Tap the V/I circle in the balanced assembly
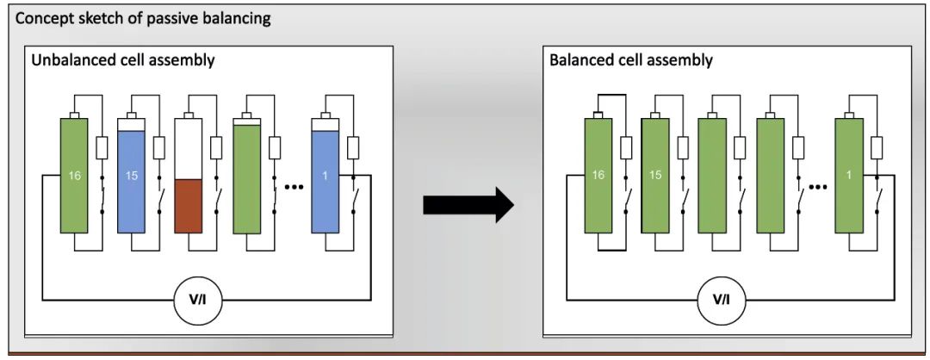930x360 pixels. click(722, 301)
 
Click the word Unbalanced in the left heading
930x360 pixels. click(68, 61)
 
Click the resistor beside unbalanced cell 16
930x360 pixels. click(102, 149)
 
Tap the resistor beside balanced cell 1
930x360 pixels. click(877, 149)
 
